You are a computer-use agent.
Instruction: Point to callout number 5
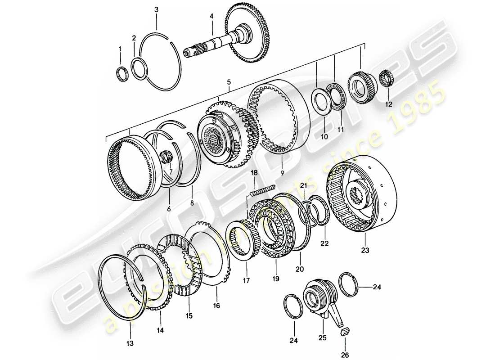coord(229,82)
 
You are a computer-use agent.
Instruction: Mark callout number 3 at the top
coord(156,9)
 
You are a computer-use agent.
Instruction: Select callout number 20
coord(300,269)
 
